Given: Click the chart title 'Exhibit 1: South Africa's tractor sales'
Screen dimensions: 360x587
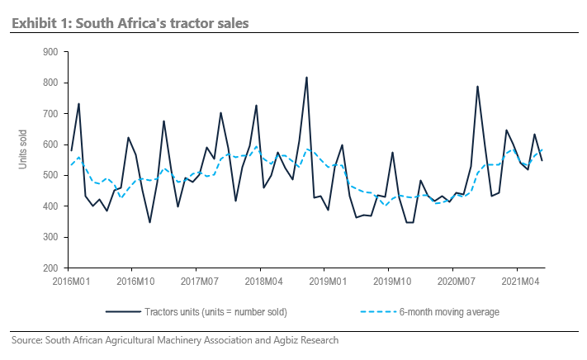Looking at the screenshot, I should pyautogui.click(x=130, y=22).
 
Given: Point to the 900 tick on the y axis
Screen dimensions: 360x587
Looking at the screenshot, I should pyautogui.click(x=50, y=52).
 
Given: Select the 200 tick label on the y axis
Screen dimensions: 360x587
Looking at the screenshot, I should pyautogui.click(x=50, y=268).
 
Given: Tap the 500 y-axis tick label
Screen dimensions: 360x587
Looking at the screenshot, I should pyautogui.click(x=50, y=176).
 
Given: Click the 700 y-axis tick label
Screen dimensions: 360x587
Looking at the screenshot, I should pyautogui.click(x=50, y=114).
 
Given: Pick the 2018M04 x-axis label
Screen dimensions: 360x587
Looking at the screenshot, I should pyautogui.click(x=260, y=281).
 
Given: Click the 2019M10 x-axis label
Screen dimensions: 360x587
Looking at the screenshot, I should pyautogui.click(x=389, y=281).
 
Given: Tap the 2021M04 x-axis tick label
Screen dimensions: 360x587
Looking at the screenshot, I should pyautogui.click(x=517, y=281).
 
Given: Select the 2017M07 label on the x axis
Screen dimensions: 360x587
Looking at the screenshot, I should pyautogui.click(x=196, y=281).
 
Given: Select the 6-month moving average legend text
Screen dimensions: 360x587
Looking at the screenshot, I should pyautogui.click(x=449, y=312).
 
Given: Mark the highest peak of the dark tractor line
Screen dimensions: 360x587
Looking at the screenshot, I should pyautogui.click(x=307, y=78).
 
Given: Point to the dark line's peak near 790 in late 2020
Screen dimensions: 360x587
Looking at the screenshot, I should pyautogui.click(x=477, y=86).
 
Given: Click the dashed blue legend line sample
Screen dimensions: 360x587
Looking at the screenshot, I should pyautogui.click(x=376, y=312).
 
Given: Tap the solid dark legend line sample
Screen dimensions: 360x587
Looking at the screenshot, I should pyautogui.click(x=121, y=312).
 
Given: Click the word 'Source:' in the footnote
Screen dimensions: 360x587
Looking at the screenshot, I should pyautogui.click(x=26, y=339).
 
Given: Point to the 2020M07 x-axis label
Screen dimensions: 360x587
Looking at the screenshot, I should pyautogui.click(x=452, y=281).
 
